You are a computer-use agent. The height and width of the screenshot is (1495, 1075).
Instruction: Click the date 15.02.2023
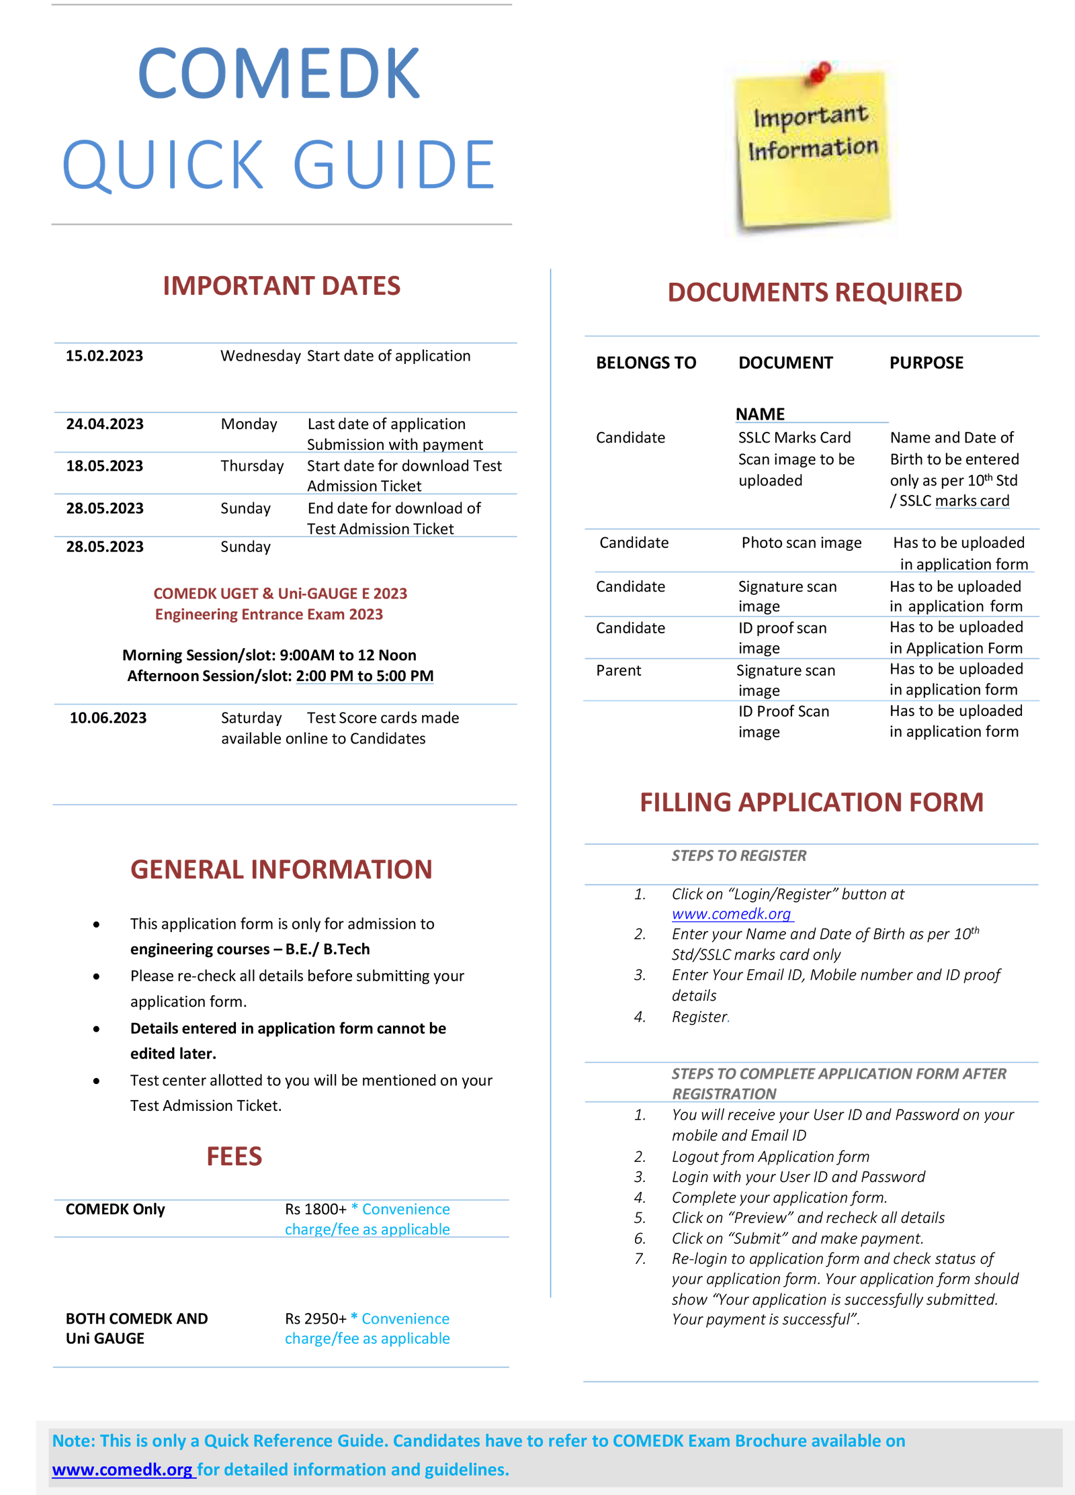click(104, 356)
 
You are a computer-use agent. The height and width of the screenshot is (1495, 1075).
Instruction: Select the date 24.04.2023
click(105, 424)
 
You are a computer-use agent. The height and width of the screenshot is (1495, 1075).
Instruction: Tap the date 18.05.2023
click(105, 466)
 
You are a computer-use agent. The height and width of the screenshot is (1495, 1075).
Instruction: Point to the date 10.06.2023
click(108, 718)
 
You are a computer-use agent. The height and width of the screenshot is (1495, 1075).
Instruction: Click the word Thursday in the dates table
click(252, 466)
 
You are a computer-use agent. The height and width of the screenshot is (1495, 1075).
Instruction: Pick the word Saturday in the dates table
click(251, 718)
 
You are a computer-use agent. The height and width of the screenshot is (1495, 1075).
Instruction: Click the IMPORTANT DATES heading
click(282, 286)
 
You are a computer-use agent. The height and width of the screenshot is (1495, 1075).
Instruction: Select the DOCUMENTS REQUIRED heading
click(815, 293)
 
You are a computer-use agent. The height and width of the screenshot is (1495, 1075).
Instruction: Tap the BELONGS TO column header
click(646, 363)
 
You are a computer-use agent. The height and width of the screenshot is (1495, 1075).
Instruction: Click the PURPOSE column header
click(927, 363)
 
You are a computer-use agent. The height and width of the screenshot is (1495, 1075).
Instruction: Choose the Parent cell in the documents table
click(619, 670)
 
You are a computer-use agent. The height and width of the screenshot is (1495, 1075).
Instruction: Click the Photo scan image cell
click(802, 543)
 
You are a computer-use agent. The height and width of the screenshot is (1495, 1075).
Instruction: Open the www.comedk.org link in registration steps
click(732, 914)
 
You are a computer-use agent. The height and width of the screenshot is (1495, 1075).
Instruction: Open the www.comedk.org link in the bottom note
click(123, 1469)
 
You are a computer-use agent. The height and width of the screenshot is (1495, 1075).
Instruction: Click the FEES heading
click(234, 1157)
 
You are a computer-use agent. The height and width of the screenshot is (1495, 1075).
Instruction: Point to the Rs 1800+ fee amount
click(316, 1209)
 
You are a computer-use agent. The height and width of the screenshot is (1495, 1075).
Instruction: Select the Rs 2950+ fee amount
click(316, 1318)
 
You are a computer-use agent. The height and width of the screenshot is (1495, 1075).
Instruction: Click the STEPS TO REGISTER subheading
click(739, 856)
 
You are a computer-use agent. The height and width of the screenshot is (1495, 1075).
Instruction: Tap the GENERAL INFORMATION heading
click(282, 870)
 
